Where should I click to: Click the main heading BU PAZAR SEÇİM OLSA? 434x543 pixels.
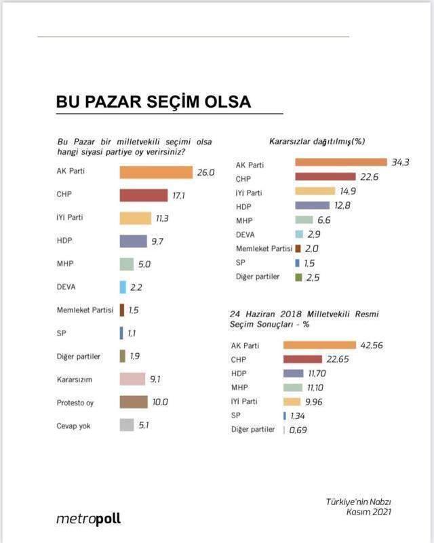[153, 102]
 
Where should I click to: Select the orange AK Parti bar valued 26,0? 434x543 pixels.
[156, 172]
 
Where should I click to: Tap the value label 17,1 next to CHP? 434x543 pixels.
[180, 195]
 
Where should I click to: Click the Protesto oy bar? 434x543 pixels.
[134, 402]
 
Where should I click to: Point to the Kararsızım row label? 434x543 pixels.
[75, 380]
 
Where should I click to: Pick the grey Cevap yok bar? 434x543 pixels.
[127, 426]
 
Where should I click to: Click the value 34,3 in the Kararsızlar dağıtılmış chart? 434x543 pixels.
[399, 162]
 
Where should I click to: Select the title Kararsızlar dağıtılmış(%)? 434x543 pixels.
[317, 141]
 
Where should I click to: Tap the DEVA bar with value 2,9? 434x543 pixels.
[298, 233]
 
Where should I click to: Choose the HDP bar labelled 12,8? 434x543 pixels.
[315, 205]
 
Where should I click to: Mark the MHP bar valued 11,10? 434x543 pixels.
[302, 387]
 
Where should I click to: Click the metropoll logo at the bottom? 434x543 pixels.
[88, 519]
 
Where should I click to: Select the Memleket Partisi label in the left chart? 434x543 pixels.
[85, 310]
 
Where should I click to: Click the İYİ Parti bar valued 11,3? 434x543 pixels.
[135, 218]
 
